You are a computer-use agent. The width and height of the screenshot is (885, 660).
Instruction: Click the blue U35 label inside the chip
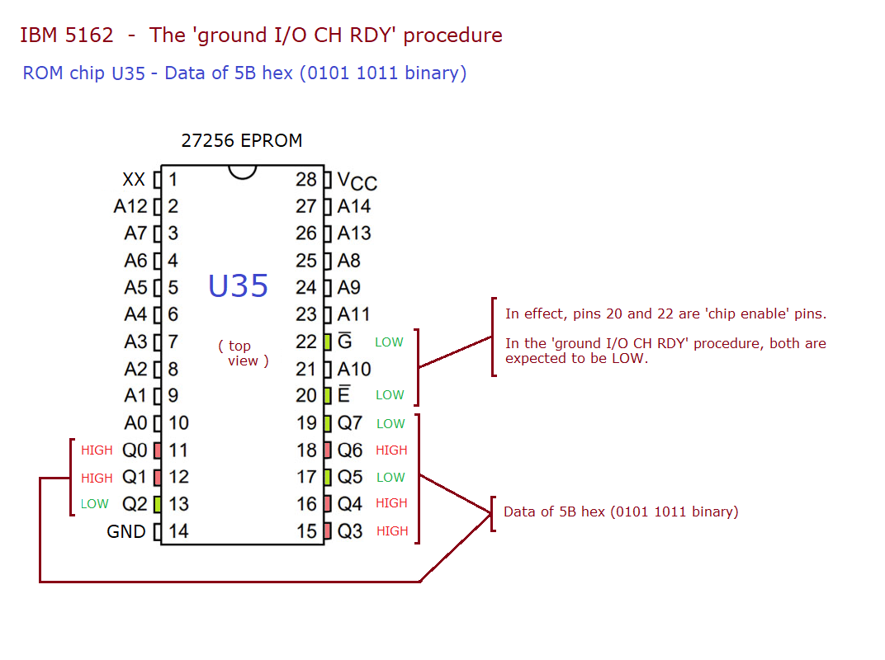click(238, 286)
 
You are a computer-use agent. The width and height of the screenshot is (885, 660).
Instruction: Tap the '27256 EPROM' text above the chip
click(242, 140)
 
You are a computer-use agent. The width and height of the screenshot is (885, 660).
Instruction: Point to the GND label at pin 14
click(126, 532)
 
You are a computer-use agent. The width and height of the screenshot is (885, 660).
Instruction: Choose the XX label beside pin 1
click(134, 179)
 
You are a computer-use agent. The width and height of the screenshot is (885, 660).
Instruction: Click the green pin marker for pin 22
click(328, 342)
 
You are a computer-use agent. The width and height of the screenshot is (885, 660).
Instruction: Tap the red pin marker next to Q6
click(328, 450)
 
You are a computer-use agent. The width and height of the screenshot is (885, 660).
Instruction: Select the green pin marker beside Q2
click(157, 504)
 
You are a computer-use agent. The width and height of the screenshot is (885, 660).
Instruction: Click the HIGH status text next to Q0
click(97, 450)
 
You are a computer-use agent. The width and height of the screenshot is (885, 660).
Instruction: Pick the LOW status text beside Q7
click(390, 424)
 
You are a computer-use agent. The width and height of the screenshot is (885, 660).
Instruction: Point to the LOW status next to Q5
click(390, 478)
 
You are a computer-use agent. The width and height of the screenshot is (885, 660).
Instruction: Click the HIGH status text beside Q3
click(392, 531)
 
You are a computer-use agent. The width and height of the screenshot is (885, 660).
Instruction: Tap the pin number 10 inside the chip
click(178, 423)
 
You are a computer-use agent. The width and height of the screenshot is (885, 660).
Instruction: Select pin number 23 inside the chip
click(306, 314)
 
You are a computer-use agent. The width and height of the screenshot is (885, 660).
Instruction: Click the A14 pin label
click(354, 206)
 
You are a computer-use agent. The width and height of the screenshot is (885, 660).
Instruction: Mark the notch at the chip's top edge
click(243, 171)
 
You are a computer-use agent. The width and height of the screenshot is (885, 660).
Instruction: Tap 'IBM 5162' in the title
click(67, 35)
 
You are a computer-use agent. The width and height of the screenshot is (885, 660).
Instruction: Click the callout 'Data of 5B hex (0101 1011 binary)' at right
click(621, 511)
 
